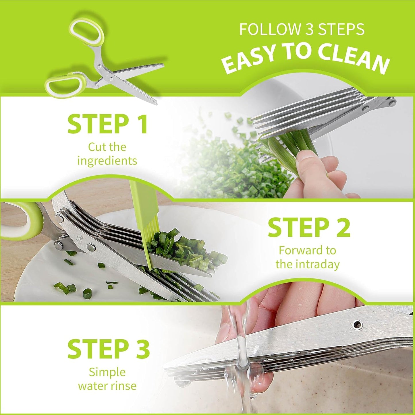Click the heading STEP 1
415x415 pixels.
pos(108,124)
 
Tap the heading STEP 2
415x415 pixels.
pos(309,227)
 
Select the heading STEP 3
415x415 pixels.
pos(109,349)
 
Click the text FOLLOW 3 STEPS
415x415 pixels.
pos(302,29)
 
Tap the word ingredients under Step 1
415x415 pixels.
pos(107,161)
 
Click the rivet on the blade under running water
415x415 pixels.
pos(358,325)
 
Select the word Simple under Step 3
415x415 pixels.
pos(107,372)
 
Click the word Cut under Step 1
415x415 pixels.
pos(96,147)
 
